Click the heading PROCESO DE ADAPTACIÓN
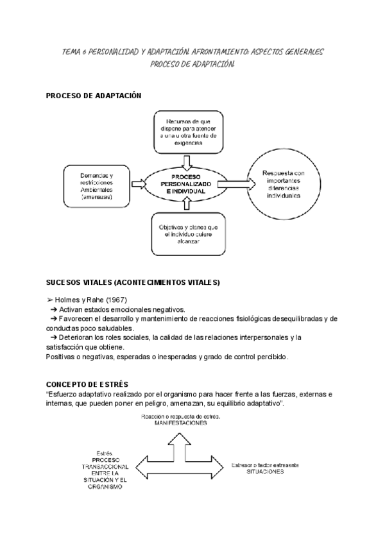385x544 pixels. click(94, 96)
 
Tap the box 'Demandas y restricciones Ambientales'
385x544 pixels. click(96, 187)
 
